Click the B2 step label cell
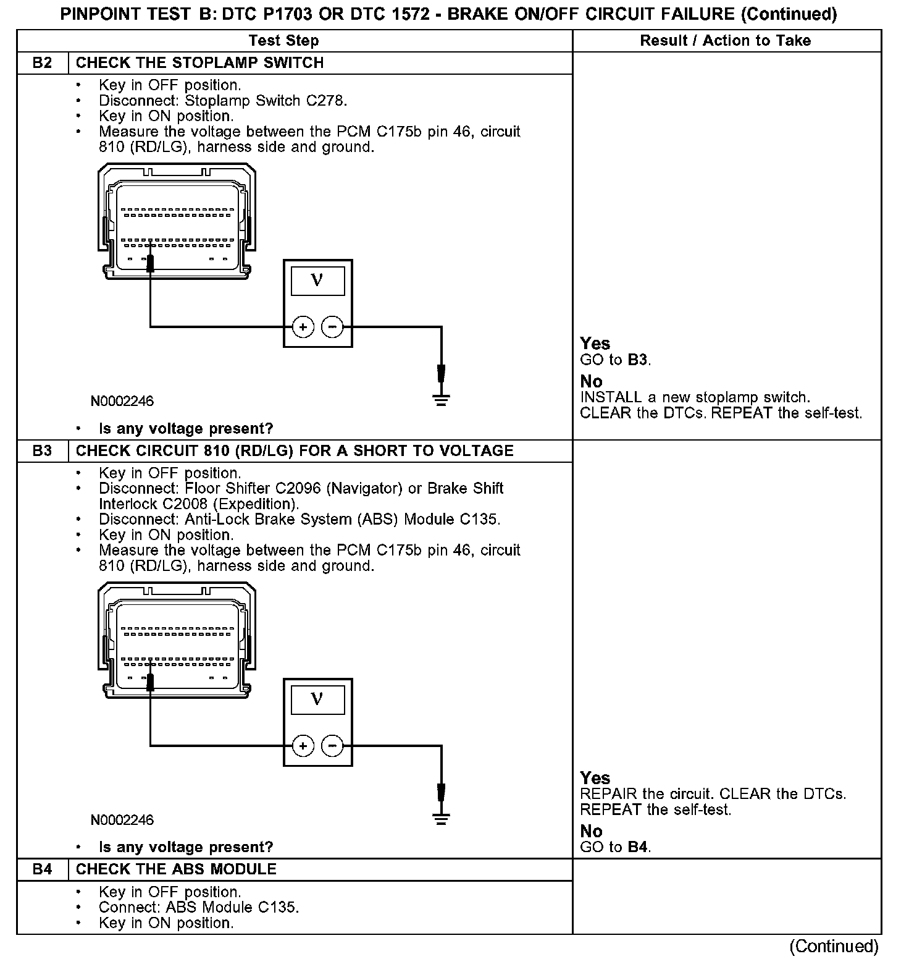[x=42, y=63]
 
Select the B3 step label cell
[x=42, y=451]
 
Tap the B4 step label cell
[x=42, y=869]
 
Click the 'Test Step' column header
[x=283, y=41]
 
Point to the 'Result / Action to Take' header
[x=726, y=41]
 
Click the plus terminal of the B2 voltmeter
[x=303, y=326]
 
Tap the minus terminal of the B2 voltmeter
[x=332, y=326]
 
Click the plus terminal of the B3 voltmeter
[x=303, y=746]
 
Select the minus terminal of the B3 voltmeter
[x=332, y=746]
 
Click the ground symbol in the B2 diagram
[x=441, y=400]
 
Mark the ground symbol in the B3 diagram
[x=441, y=819]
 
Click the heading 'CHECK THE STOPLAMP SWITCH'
[x=199, y=63]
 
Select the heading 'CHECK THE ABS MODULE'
[x=176, y=869]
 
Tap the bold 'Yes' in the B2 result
[x=595, y=344]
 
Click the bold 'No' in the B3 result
[x=591, y=831]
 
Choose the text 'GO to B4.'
[x=616, y=847]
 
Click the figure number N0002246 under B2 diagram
[x=122, y=402]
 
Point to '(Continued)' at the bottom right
[x=834, y=947]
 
